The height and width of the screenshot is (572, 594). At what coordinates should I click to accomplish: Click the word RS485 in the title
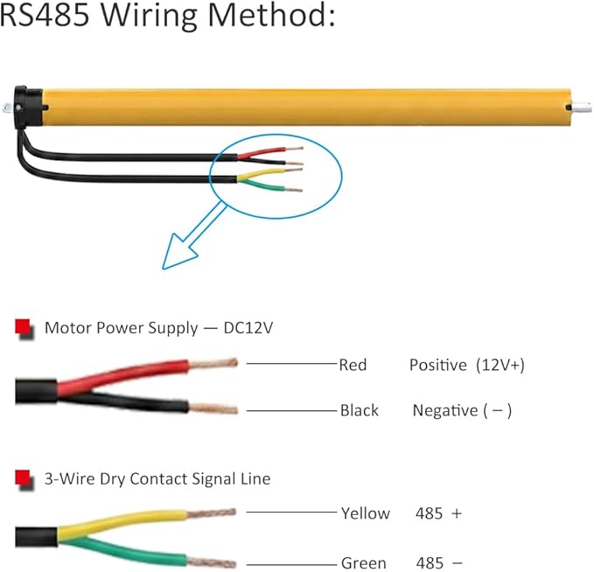tap(45, 15)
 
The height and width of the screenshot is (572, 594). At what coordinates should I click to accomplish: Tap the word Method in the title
tap(271, 15)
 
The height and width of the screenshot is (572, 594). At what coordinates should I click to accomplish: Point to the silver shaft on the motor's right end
tap(581, 108)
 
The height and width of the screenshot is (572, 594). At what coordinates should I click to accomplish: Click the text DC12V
tap(248, 328)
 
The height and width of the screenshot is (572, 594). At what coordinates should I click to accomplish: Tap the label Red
tap(353, 365)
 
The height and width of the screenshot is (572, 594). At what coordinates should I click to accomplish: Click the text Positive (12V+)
tap(467, 366)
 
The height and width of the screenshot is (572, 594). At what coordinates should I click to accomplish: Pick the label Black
tap(360, 410)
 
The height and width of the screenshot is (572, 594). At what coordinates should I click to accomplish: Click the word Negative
tap(445, 410)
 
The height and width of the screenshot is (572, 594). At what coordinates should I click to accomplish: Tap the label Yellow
tap(365, 513)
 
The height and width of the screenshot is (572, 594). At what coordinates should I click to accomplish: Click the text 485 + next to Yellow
tap(438, 513)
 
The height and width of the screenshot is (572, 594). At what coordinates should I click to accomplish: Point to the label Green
tap(364, 563)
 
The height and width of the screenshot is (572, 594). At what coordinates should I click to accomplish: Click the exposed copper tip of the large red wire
tap(213, 364)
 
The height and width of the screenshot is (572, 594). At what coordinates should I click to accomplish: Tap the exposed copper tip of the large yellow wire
tap(212, 513)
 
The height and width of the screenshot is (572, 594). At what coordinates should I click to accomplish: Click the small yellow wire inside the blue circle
tap(262, 173)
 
